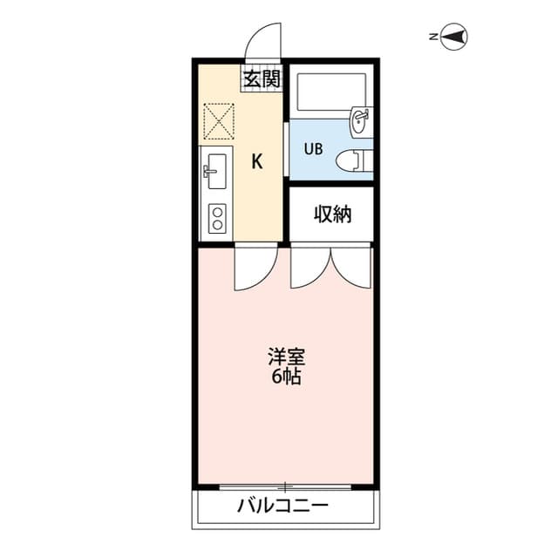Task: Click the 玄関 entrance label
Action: point(262,78)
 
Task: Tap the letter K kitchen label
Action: point(257,160)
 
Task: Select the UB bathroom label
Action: point(313,148)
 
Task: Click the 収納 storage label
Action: point(332,214)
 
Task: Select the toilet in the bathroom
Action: point(353,160)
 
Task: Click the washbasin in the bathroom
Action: point(359,121)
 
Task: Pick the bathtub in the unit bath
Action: point(330,92)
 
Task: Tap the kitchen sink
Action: point(214,171)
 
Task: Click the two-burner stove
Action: point(214,218)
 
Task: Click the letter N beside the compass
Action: point(433,37)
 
